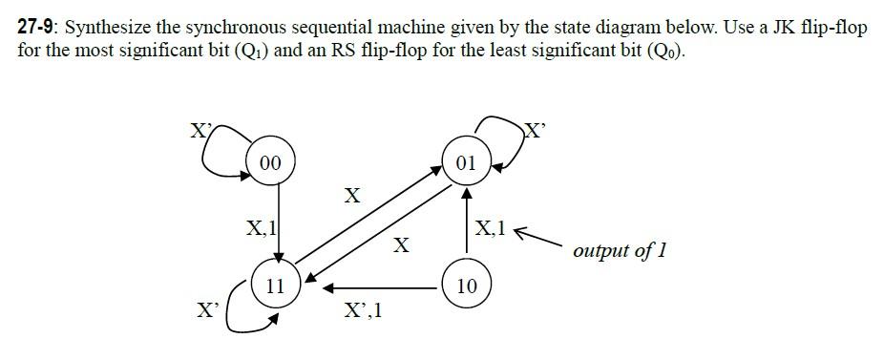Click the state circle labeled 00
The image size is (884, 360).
click(x=270, y=162)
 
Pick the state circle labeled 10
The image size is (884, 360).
click(x=466, y=286)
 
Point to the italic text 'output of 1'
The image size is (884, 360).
click(x=620, y=251)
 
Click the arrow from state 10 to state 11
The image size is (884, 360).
click(x=382, y=286)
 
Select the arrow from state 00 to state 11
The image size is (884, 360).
click(x=278, y=220)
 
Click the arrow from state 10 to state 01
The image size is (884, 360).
click(x=466, y=224)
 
